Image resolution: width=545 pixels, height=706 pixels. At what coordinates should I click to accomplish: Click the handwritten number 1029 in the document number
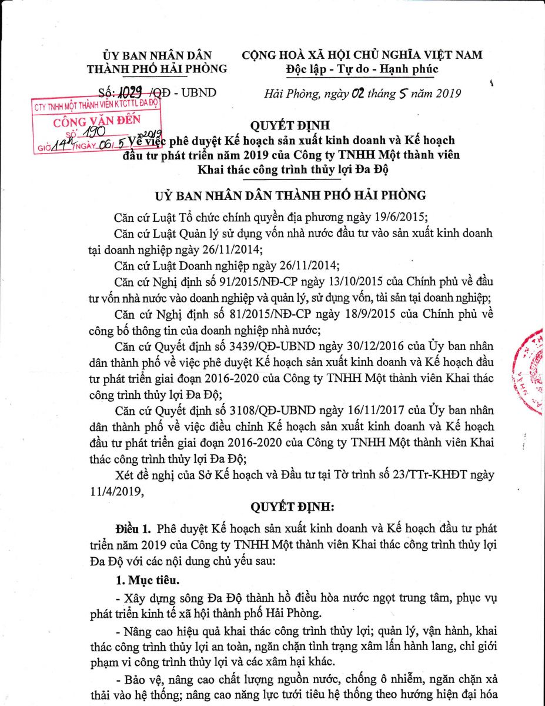click(131, 92)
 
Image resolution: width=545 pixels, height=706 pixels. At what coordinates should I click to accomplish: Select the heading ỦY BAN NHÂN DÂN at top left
click(156, 55)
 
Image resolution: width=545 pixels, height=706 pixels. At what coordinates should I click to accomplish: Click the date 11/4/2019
click(118, 487)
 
